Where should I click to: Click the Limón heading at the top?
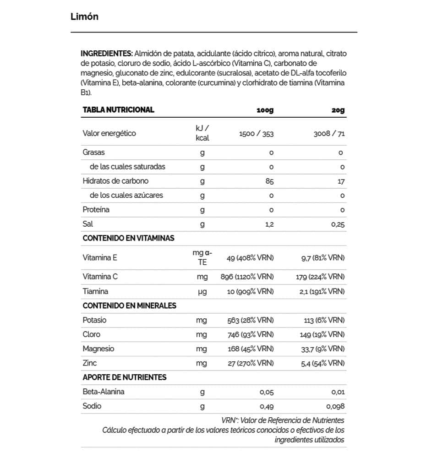pyautogui.click(x=85, y=17)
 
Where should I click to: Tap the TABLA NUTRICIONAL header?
pyautogui.click(x=118, y=110)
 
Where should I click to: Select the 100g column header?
pyautogui.click(x=265, y=110)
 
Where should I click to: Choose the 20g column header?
pyautogui.click(x=338, y=110)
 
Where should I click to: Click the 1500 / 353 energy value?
pyautogui.click(x=257, y=134)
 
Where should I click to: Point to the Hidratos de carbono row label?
pyautogui.click(x=115, y=181)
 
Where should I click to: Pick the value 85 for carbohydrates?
pyautogui.click(x=269, y=181)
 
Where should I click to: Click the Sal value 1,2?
pyautogui.click(x=269, y=224)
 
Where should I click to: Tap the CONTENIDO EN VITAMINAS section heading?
pyautogui.click(x=128, y=238)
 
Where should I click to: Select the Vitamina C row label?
pyautogui.click(x=100, y=277)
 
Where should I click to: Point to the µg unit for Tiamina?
pyautogui.click(x=202, y=291)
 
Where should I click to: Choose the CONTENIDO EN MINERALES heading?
pyautogui.click(x=129, y=305)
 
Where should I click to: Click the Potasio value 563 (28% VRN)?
pyautogui.click(x=251, y=320)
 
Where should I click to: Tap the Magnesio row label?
pyautogui.click(x=98, y=349)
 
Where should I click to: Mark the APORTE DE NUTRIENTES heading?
pyautogui.click(x=125, y=377)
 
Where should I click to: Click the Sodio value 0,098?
pyautogui.click(x=335, y=406)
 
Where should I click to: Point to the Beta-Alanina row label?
pyautogui.click(x=104, y=392)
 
